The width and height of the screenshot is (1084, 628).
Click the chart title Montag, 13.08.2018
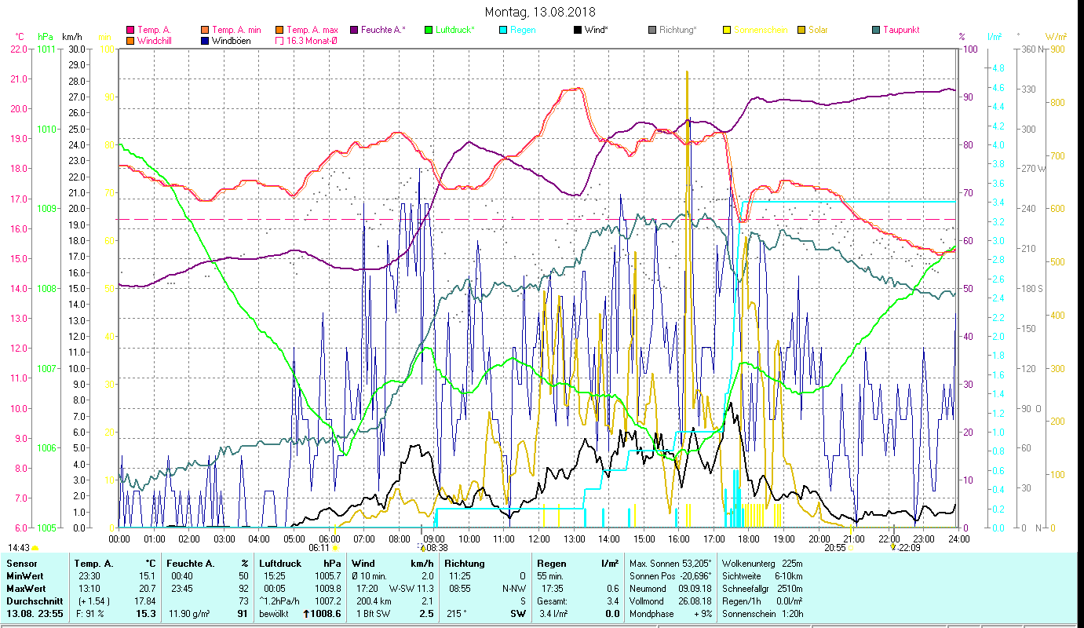pyautogui.click(x=540, y=12)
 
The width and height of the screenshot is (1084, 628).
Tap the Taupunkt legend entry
pyautogui.click(x=900, y=31)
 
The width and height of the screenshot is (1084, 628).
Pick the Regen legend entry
pyautogui.click(x=524, y=31)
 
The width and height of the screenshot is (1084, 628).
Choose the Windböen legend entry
pyautogui.click(x=231, y=41)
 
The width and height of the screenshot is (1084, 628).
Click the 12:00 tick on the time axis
pyautogui.click(x=539, y=539)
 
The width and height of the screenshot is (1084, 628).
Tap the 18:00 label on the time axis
pyautogui.click(x=749, y=539)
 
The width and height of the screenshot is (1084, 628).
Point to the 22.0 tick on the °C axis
pyautogui.click(x=17, y=49)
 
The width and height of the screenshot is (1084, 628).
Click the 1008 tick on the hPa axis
pyautogui.click(x=46, y=289)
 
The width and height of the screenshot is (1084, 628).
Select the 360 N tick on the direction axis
pyautogui.click(x=1031, y=49)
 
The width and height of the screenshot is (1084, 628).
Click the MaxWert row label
pyautogui.click(x=27, y=589)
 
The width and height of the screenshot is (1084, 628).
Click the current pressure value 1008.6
pyautogui.click(x=327, y=614)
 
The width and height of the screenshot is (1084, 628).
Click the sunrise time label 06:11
pyautogui.click(x=319, y=548)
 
